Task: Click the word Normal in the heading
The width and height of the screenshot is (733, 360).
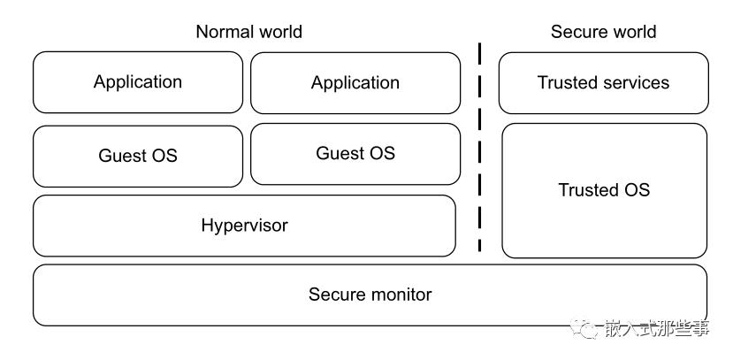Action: pyautogui.click(x=223, y=32)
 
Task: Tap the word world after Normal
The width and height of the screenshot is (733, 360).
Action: pyautogui.click(x=279, y=32)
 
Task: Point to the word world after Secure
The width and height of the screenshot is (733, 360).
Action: pyautogui.click(x=631, y=32)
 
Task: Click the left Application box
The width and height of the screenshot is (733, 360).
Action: pyautogui.click(x=138, y=82)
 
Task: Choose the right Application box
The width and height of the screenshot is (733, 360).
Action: pyautogui.click(x=355, y=83)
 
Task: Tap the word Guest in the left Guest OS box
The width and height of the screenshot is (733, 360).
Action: pyautogui.click(x=118, y=156)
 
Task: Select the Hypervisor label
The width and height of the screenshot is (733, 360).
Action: pyautogui.click(x=245, y=226)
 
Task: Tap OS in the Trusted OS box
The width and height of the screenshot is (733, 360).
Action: pyautogui.click(x=637, y=190)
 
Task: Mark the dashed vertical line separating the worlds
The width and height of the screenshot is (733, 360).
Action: pyautogui.click(x=479, y=147)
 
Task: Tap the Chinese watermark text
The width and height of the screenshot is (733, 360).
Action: pyautogui.click(x=656, y=328)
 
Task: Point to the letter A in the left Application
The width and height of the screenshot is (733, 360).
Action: pyautogui.click(x=100, y=81)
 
